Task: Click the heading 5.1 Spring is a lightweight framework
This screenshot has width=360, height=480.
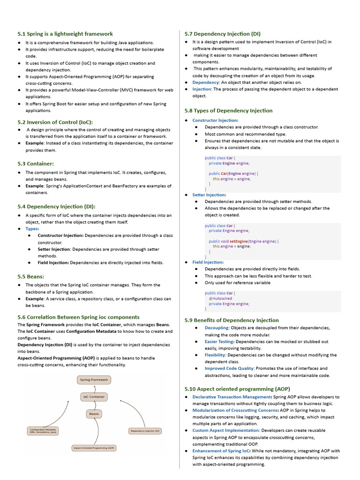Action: coord(65,34)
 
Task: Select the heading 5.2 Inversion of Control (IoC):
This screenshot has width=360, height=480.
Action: coord(55,122)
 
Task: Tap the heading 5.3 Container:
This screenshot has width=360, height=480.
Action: coord(36,164)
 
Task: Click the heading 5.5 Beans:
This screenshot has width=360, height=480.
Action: coord(30,277)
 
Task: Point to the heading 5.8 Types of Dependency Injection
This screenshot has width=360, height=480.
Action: coord(228,111)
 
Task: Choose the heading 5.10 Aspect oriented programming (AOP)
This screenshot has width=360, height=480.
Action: coord(237,389)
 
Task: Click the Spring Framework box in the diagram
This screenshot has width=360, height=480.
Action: coord(94,380)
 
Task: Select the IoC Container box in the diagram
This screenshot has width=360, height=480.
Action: coord(94,397)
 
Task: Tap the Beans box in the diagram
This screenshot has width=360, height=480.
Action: coord(94,414)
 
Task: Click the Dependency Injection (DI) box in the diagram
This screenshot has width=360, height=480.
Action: coord(145,430)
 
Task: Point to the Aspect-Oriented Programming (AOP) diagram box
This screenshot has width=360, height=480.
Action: coord(94,448)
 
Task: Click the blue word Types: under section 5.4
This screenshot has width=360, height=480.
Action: coord(32,229)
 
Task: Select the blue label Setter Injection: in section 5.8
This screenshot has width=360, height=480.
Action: coord(209,195)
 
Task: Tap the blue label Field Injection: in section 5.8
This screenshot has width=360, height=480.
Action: coord(208,262)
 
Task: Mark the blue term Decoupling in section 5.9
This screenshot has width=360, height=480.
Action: coord(217,328)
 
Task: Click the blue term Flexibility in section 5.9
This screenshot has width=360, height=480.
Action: coord(216,355)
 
